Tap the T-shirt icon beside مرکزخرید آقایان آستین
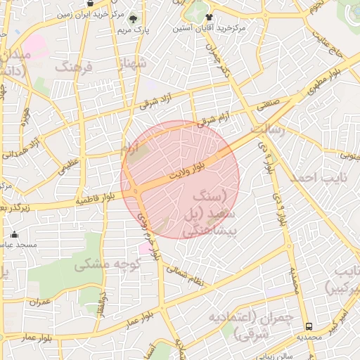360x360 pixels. [x=209, y=17]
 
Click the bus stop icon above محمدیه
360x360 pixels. [x=309, y=326]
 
